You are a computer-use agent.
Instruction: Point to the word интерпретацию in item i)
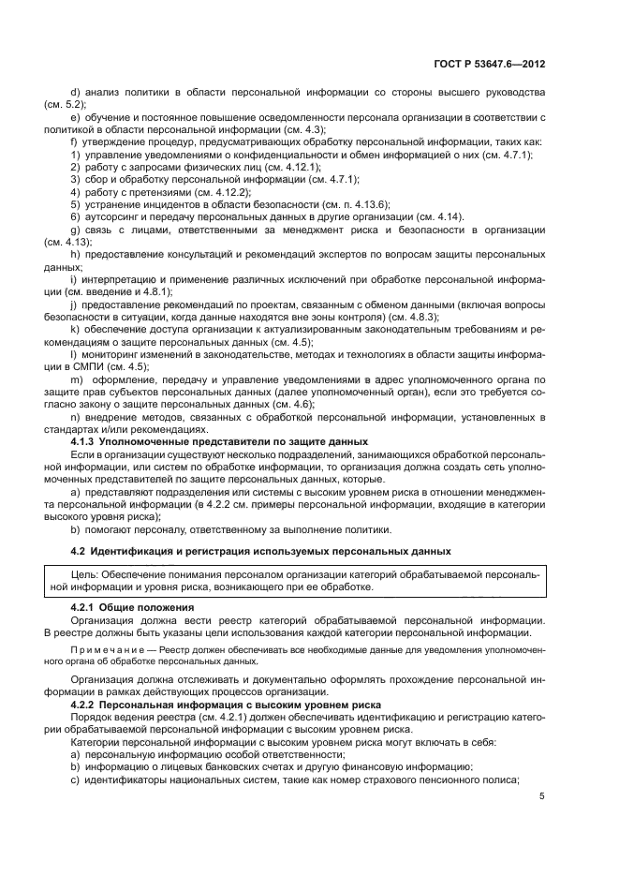click(x=120, y=279)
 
